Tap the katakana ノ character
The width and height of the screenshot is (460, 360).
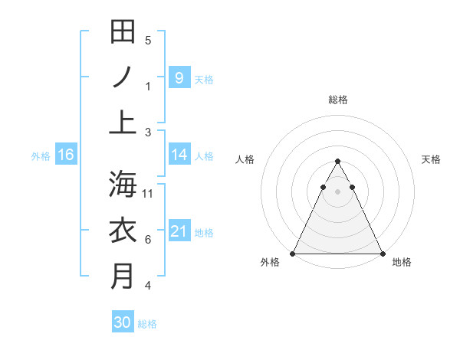tap(123, 77)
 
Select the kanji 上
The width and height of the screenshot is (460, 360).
tap(123, 122)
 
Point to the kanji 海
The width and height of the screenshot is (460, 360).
tap(123, 184)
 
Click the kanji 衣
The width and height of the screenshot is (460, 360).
tap(123, 230)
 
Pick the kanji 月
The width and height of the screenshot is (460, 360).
tap(123, 276)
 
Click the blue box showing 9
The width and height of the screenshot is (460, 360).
tap(179, 77)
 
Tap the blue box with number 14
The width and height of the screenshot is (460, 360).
tap(179, 155)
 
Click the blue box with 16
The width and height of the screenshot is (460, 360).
tap(65, 155)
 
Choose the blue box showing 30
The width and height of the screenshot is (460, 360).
tap(123, 322)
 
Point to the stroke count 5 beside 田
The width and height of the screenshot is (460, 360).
tap(148, 40)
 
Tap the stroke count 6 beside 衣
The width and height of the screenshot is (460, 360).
tap(148, 240)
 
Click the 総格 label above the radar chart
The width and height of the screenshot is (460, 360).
tap(337, 100)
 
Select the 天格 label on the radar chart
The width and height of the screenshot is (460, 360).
tap(431, 159)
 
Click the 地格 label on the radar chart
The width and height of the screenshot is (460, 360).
tap(402, 262)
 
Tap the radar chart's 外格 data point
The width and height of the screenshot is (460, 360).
tap(293, 253)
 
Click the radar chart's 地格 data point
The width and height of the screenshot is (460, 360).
tap(382, 253)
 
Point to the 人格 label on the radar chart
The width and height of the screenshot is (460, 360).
tap(245, 159)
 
